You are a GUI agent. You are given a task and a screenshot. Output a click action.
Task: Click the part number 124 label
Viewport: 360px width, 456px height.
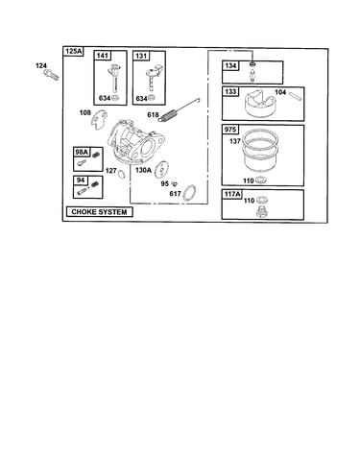coord(41,65)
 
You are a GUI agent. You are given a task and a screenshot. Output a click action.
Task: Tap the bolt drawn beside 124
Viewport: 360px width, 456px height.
coord(51,75)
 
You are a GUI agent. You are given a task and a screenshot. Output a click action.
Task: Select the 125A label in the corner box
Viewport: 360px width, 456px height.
coord(74,51)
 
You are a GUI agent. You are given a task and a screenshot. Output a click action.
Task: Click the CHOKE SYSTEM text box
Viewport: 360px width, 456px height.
coord(99,212)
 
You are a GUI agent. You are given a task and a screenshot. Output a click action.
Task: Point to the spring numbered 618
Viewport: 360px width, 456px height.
coord(179,110)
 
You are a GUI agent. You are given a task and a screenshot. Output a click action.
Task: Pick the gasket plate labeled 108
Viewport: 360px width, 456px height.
coord(99,120)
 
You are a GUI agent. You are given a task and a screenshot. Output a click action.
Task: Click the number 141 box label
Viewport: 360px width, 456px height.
coord(102,56)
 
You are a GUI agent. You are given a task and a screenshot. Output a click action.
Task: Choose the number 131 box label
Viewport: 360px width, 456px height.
coord(141,56)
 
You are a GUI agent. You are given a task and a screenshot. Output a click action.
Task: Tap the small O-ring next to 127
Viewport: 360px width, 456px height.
coord(122,175)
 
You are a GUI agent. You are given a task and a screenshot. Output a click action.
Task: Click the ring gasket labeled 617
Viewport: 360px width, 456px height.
coord(189,194)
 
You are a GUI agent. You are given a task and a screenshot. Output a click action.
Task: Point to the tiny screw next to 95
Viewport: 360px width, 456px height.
coord(175,184)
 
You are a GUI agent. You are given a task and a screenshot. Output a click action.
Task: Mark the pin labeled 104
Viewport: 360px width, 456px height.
coord(295,96)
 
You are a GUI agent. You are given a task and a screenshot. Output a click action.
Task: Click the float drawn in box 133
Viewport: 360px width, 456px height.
coord(262,104)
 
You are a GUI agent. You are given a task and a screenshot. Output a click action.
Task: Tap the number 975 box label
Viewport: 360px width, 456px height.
coord(230,130)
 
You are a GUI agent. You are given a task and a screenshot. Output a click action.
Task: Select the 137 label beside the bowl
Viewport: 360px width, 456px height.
coord(235,141)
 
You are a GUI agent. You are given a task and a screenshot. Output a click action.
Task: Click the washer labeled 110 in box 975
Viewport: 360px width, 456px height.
coord(260,180)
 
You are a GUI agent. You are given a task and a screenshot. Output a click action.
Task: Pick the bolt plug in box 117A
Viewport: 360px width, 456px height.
coord(262,211)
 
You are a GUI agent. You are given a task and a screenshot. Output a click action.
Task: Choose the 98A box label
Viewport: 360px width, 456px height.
coord(82,152)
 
